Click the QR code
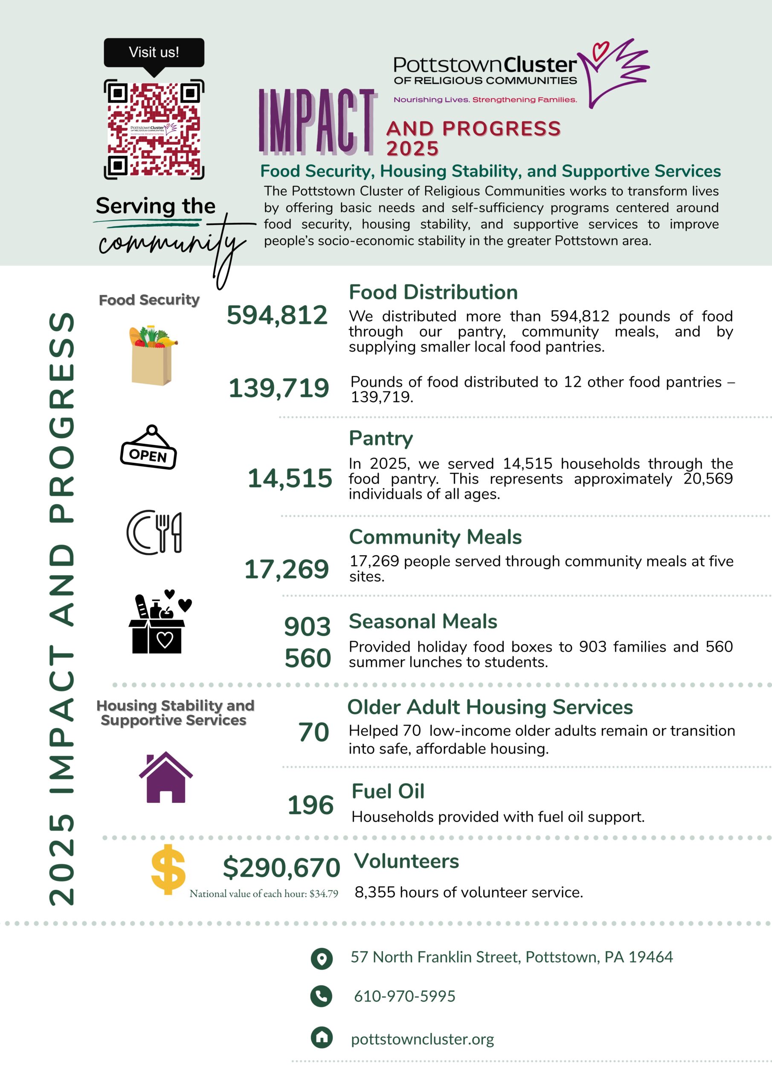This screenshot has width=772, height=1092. tap(154, 129)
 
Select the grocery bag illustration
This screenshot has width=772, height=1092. tap(152, 355)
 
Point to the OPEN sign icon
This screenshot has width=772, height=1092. tap(148, 448)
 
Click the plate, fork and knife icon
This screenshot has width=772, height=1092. tap(154, 532)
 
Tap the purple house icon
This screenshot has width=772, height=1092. tap(165, 778)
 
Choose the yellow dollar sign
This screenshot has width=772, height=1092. tap(168, 869)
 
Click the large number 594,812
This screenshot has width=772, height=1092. tap(277, 315)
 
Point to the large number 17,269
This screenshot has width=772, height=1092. tap(286, 569)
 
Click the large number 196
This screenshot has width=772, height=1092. tap(310, 805)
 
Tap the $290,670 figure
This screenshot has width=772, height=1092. tap(281, 867)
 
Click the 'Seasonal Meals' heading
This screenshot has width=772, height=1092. tap(423, 622)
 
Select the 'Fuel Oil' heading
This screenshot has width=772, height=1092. tap(388, 791)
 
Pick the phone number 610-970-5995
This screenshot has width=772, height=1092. tap(404, 996)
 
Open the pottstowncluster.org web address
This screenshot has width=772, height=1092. tap(422, 1039)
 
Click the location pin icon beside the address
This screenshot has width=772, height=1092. tap(322, 958)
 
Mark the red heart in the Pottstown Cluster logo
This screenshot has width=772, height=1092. tap(600, 49)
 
